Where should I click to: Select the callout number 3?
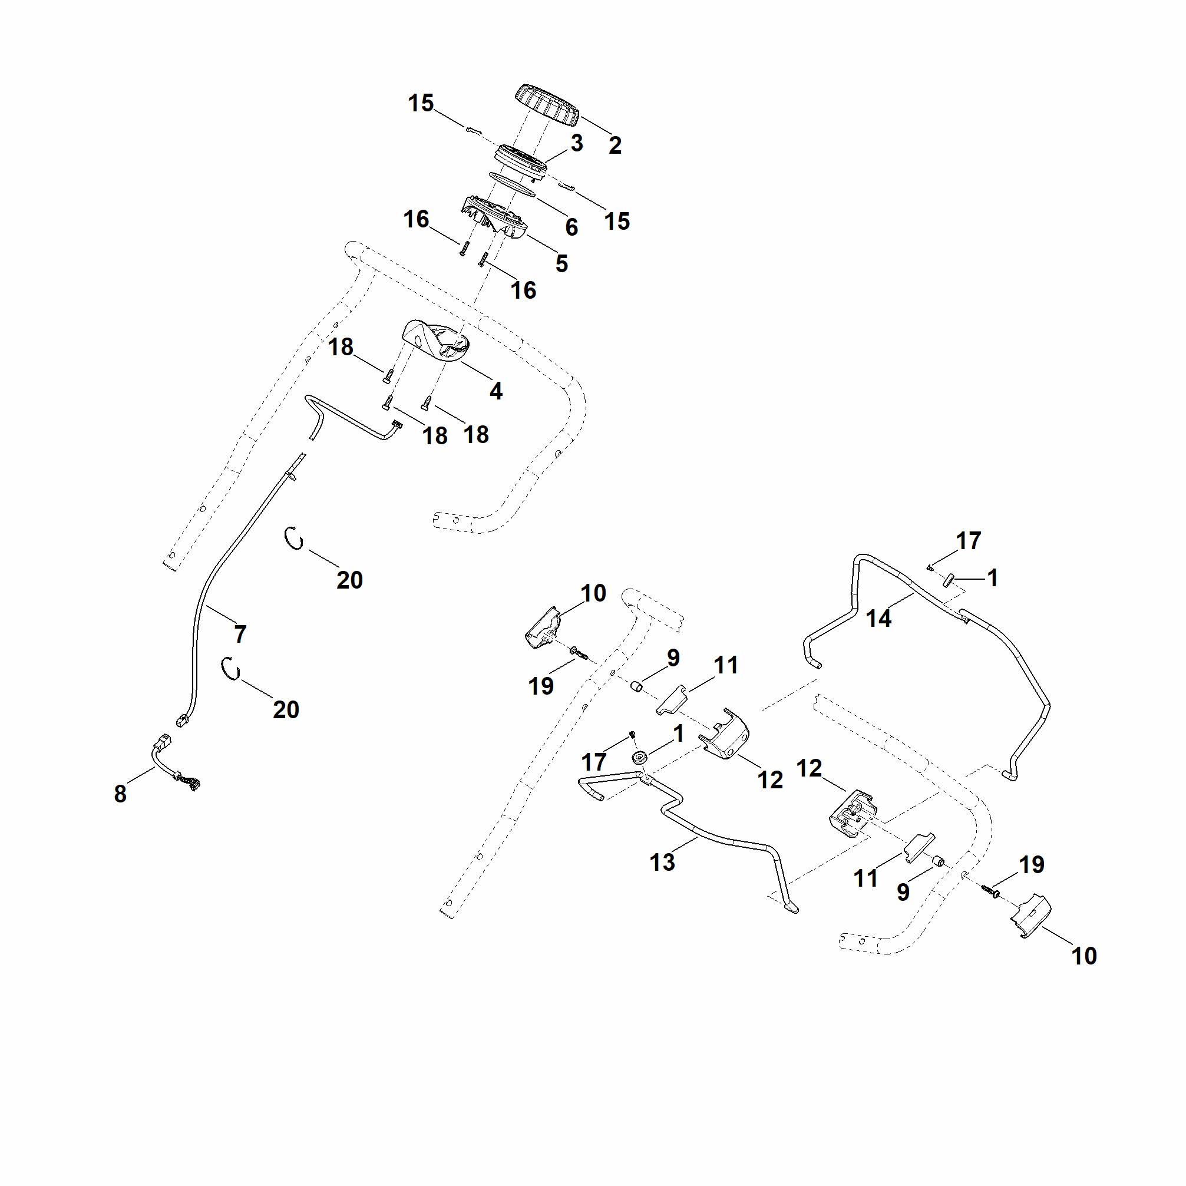point(576,143)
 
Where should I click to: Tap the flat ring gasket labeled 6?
point(513,184)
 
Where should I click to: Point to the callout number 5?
point(561,263)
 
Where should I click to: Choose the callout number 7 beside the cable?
point(240,633)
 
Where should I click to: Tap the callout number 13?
point(662,862)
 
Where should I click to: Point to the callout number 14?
point(878,619)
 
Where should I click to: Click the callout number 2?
point(615,146)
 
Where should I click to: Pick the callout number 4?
point(496,391)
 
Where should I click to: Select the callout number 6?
point(571,227)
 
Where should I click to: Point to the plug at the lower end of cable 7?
point(181,721)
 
